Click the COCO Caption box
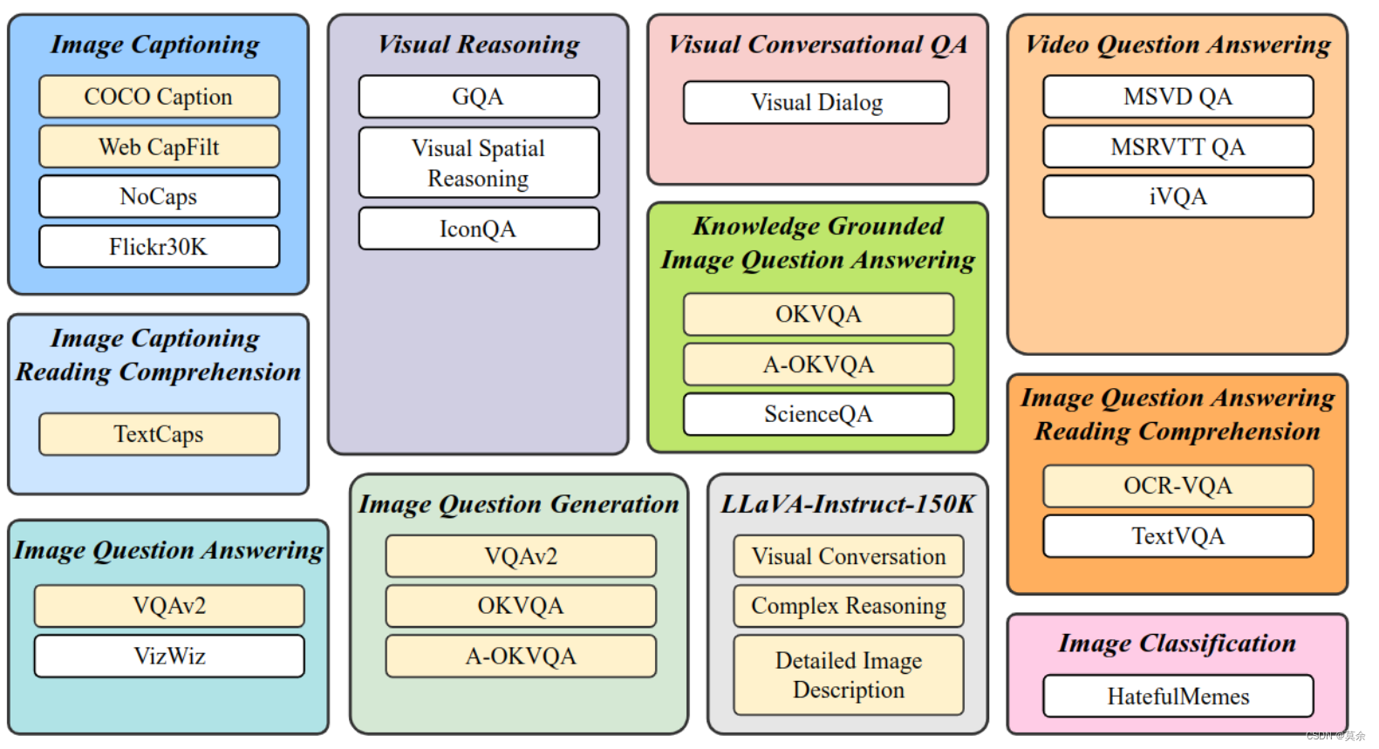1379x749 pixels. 159,97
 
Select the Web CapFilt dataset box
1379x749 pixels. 159,146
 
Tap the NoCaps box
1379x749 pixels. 159,196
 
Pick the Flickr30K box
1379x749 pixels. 159,247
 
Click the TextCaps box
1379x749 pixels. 159,434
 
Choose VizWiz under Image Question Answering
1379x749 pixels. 169,656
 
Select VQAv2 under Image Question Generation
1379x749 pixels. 521,556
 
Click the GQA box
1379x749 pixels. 478,97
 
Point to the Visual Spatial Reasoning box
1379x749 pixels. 478,163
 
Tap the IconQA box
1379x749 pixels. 478,228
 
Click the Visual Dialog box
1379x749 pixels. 816,103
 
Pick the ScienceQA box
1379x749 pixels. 818,414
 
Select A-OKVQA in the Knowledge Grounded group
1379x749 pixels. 818,364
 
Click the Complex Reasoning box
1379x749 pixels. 849,606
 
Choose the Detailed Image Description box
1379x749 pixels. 849,675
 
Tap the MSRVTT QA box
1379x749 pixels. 1178,146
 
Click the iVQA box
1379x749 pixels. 1178,197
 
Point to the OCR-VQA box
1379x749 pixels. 1178,486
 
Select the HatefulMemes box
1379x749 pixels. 1178,696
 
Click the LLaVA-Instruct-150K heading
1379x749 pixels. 848,504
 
